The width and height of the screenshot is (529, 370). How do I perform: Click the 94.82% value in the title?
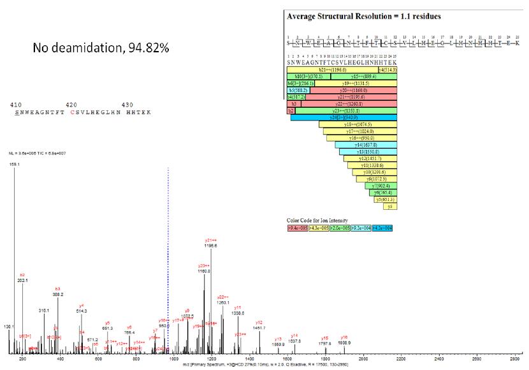(148, 48)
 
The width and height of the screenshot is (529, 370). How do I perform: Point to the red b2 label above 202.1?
(22, 275)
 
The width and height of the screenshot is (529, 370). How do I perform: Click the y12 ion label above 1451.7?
(259, 323)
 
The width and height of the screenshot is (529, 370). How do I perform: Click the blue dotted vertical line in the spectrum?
(168, 255)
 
